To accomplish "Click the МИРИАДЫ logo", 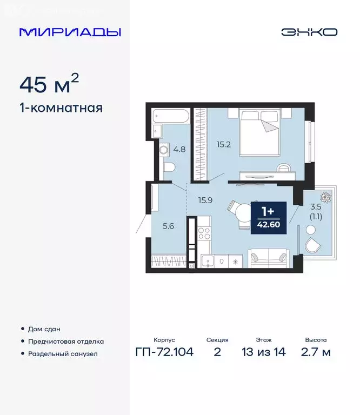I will [x=70, y=32].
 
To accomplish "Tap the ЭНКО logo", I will [x=309, y=32].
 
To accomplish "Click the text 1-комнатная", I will [x=61, y=108].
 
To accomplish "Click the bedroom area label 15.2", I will [x=223, y=144].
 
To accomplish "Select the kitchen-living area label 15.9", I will [x=205, y=200].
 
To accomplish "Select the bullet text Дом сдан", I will [x=44, y=329].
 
